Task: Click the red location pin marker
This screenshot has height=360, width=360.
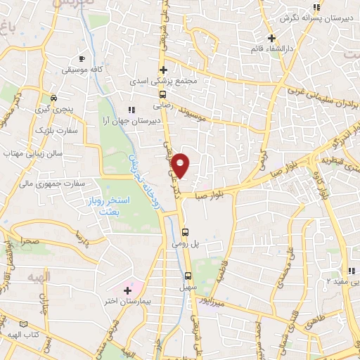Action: coord(181,165)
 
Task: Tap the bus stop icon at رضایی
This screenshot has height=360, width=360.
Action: coord(163,94)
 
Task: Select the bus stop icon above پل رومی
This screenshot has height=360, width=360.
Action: coord(185,232)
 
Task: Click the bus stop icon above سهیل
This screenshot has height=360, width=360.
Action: coord(188,276)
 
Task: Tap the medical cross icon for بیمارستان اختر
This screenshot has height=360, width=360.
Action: coord(127,290)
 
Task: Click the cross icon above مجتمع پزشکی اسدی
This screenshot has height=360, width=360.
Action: coord(163,70)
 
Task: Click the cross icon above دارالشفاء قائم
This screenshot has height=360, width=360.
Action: coord(272,38)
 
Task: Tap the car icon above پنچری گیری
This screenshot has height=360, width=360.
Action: coord(53,99)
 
